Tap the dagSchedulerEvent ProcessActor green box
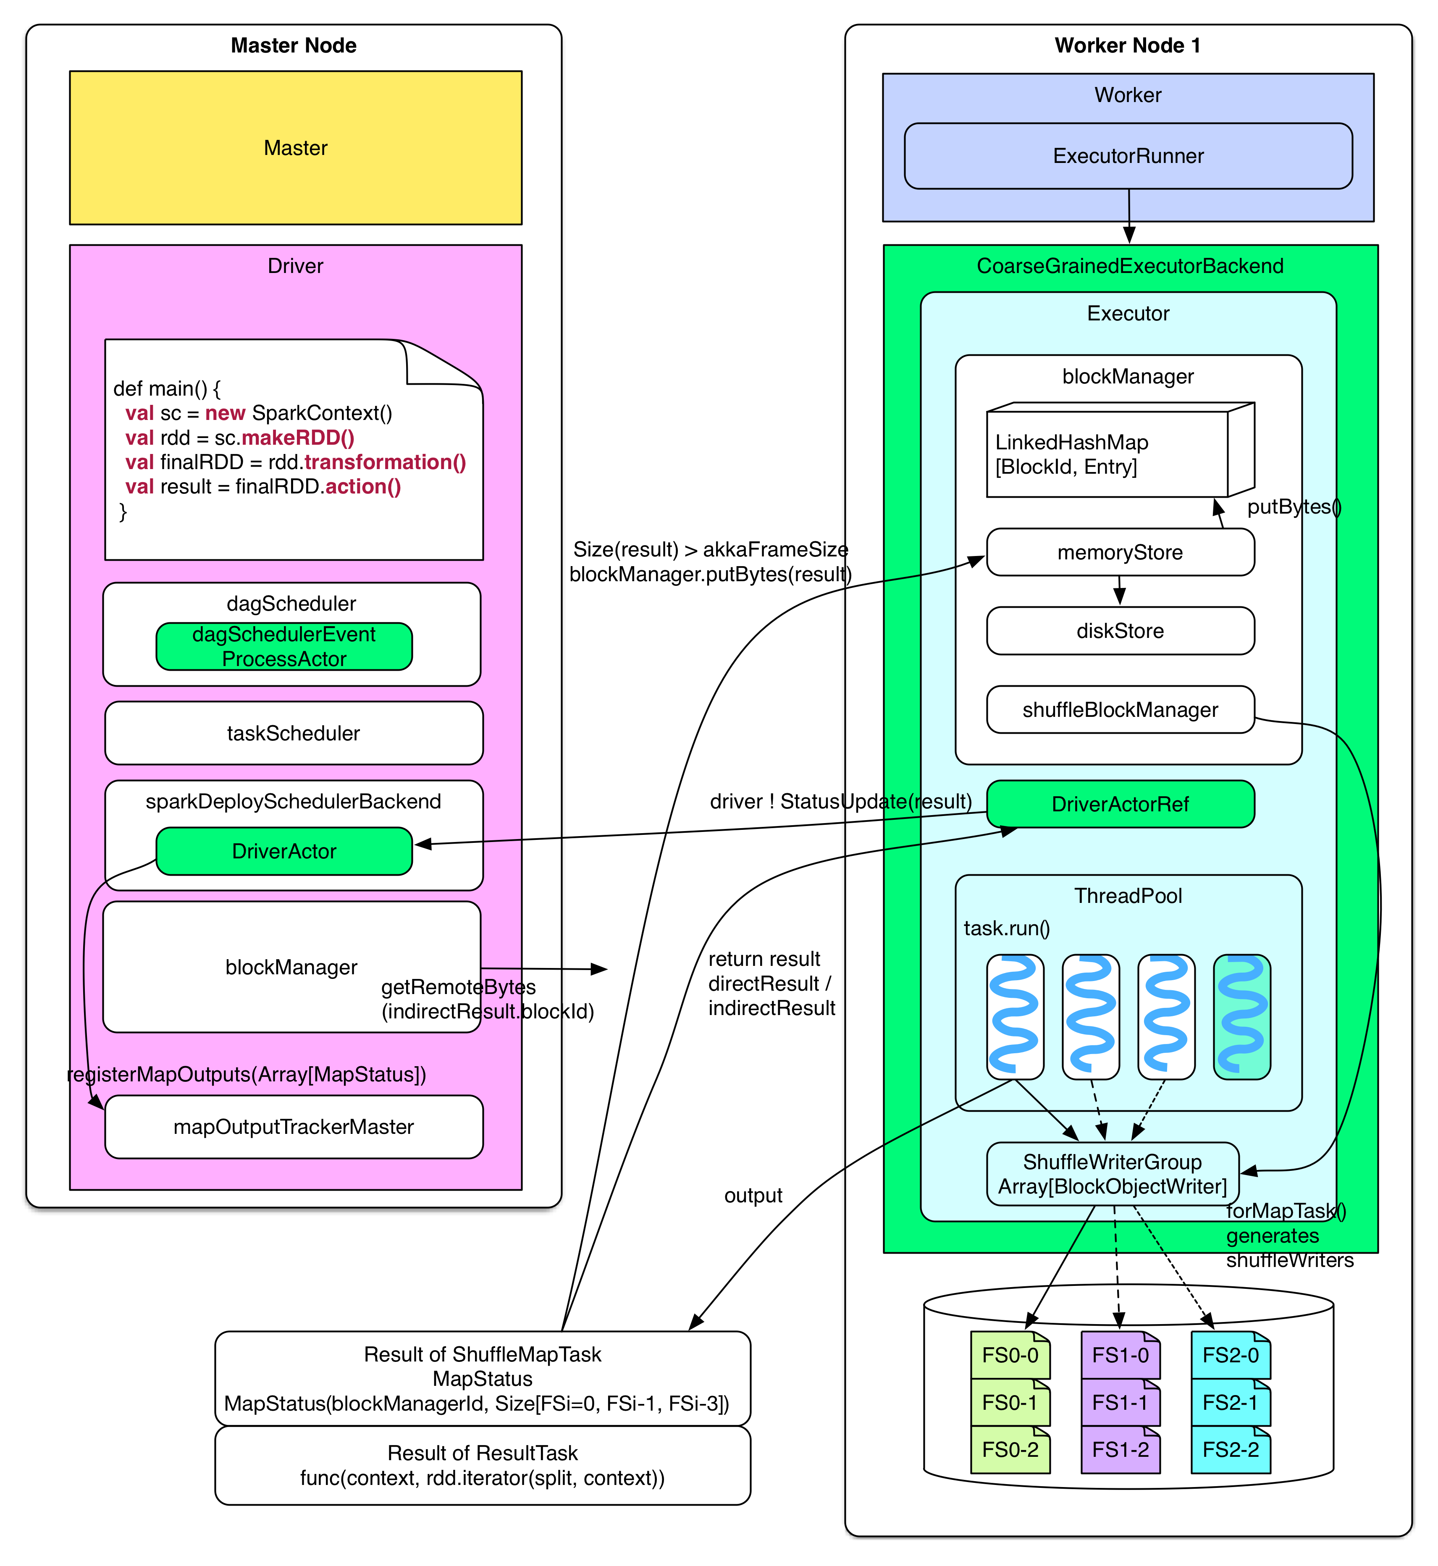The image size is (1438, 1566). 284,646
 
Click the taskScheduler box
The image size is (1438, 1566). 294,733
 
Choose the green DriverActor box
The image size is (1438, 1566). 284,851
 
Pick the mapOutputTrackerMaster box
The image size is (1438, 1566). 294,1126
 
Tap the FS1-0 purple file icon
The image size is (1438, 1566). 1120,1355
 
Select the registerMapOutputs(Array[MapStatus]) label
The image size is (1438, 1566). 247,1074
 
